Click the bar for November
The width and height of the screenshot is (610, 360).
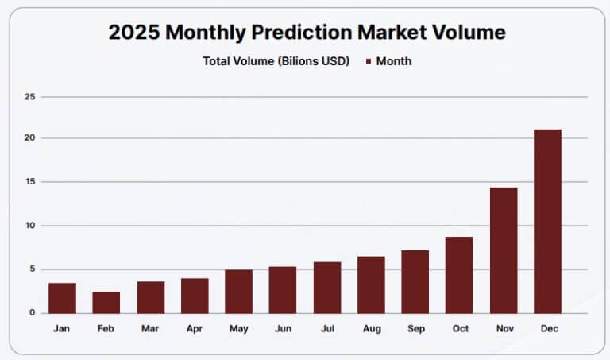504,250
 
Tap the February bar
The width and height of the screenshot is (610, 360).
106,302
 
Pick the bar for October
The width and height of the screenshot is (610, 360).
459,275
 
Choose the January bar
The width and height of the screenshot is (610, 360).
62,298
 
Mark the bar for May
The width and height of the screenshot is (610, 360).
238,291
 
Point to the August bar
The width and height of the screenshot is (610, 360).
371,285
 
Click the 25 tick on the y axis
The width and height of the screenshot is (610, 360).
31,97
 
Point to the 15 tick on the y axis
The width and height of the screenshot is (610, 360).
31,182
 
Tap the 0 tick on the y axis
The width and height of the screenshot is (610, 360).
33,313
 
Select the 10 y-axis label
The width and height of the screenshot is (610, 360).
31,226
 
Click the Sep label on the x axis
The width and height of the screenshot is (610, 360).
415,329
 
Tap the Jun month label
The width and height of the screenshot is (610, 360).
283,329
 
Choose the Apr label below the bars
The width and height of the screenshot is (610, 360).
195,329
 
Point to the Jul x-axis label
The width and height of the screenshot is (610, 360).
326,329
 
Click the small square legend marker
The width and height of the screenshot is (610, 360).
368,61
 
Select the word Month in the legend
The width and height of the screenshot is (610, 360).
394,61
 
